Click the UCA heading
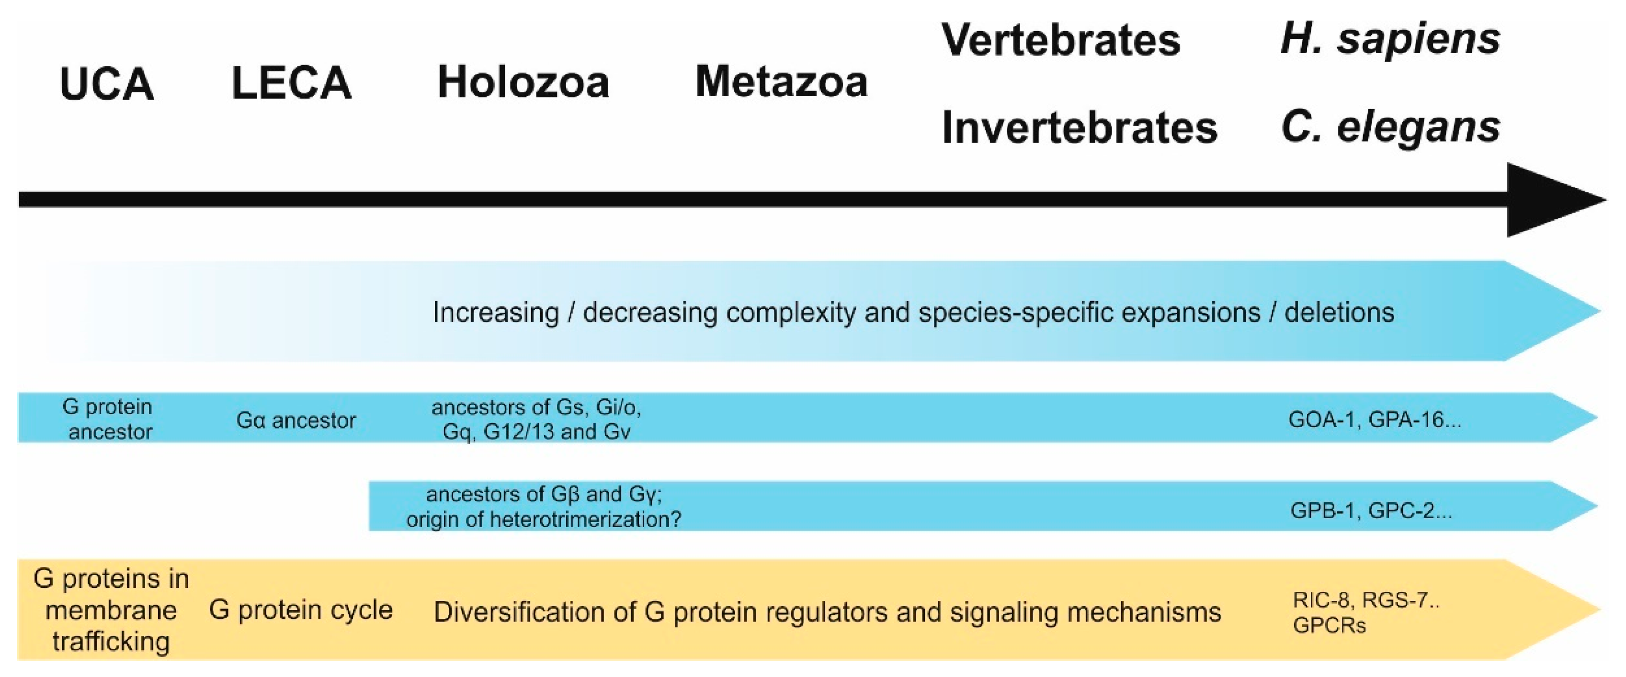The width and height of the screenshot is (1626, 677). (x=107, y=84)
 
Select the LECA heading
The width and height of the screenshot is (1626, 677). (x=291, y=83)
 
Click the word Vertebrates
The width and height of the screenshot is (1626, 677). (x=1060, y=40)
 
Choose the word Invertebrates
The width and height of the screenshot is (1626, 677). (x=1079, y=128)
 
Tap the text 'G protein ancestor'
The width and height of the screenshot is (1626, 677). (x=109, y=419)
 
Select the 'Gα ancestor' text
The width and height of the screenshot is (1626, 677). (x=296, y=420)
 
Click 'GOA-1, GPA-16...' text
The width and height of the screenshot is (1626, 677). (x=1374, y=419)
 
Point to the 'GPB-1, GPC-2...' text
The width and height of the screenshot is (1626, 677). (x=1370, y=510)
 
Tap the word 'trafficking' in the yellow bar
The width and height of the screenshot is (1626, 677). (x=111, y=642)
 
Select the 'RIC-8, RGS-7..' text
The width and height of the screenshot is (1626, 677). (x=1365, y=600)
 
